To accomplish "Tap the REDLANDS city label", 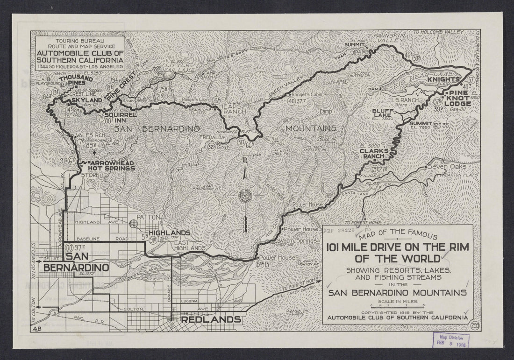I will pyautogui.click(x=211, y=320).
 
